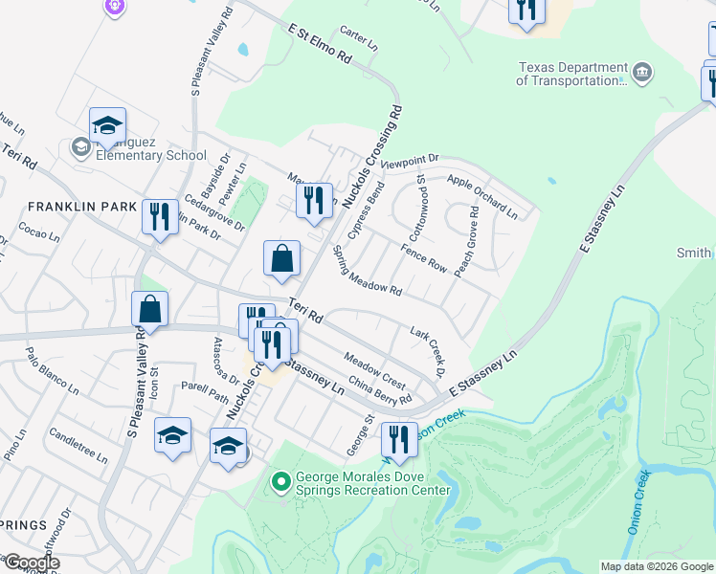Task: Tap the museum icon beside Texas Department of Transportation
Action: click(x=642, y=72)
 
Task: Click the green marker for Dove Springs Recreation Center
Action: click(x=280, y=482)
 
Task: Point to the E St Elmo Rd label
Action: click(x=320, y=45)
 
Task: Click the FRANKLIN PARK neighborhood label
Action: click(x=69, y=207)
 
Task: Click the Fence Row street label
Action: click(x=424, y=258)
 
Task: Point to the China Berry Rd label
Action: click(x=380, y=391)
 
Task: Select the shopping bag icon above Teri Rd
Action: click(x=282, y=258)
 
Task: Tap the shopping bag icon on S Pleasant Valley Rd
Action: click(x=149, y=310)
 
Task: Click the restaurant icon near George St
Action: click(x=399, y=439)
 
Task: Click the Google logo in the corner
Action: click(x=32, y=563)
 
